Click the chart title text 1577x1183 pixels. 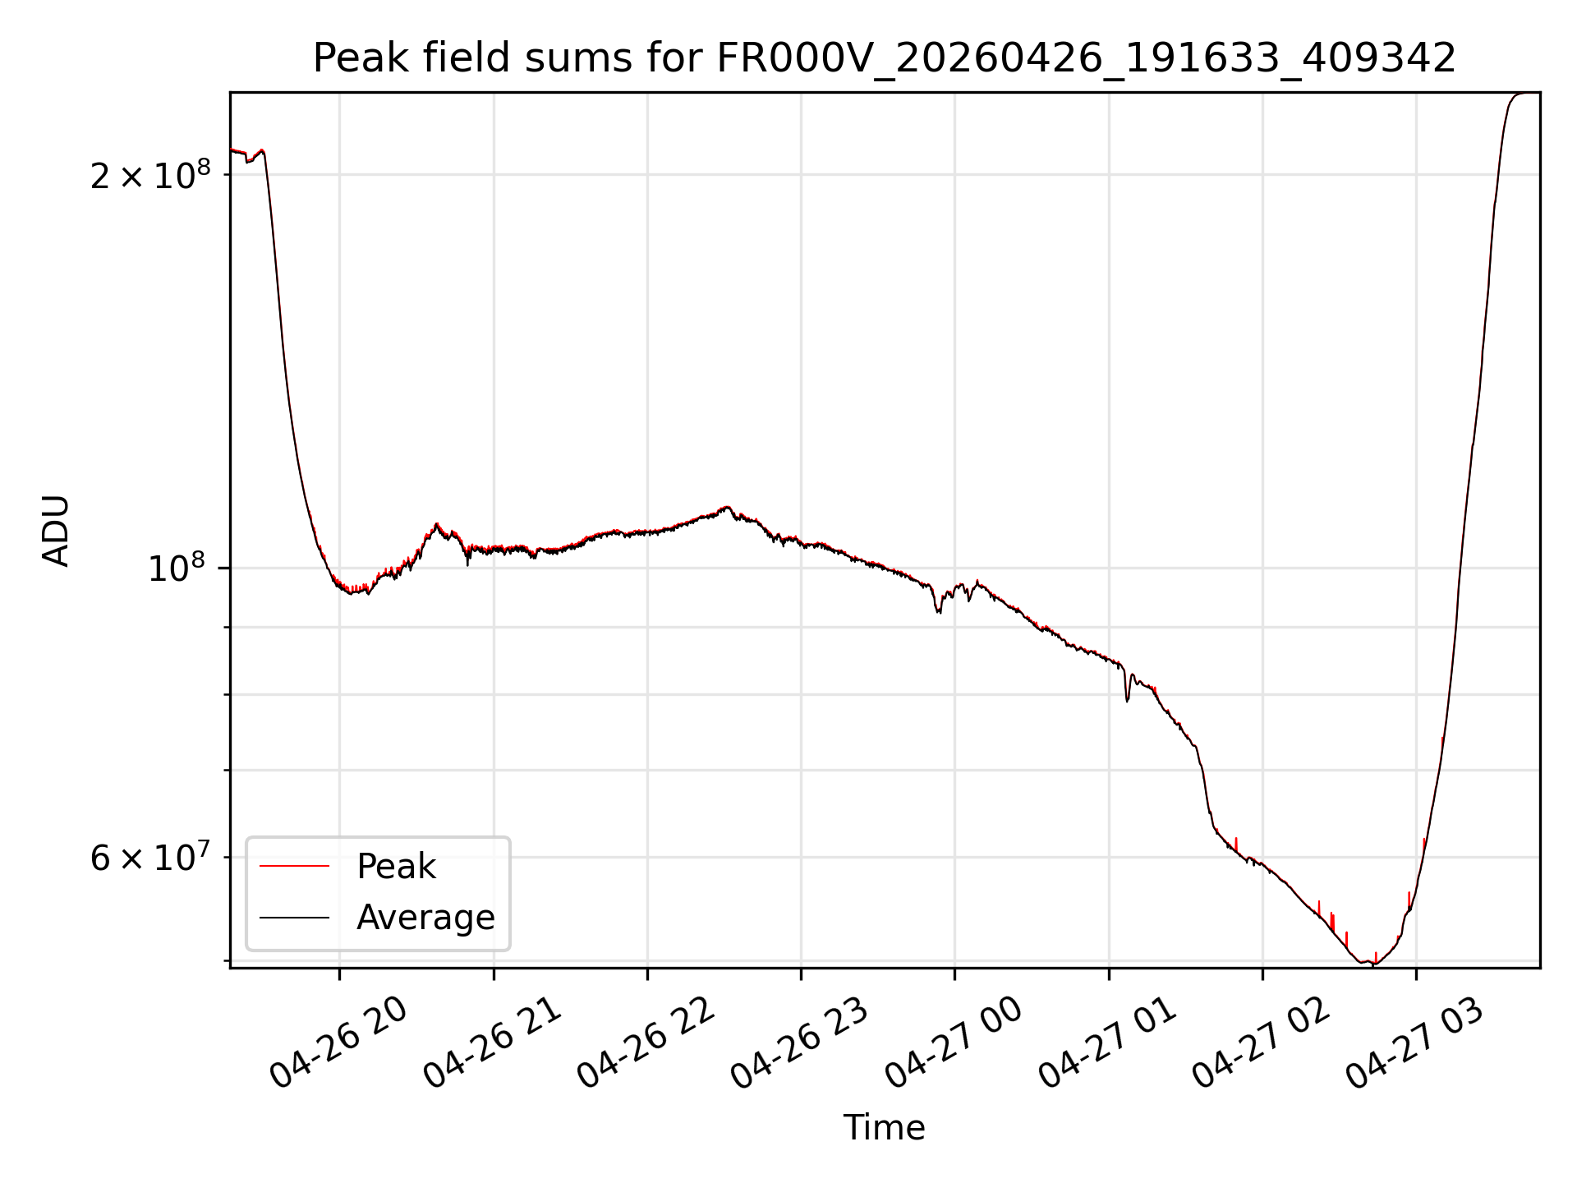885,58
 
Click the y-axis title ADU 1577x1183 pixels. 56,531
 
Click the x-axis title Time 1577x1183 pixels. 884,1128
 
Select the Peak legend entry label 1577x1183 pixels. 396,867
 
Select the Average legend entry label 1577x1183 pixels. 425,918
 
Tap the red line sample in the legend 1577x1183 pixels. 294,867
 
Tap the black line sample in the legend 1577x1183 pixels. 294,918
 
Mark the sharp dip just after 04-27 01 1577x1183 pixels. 1127,701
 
